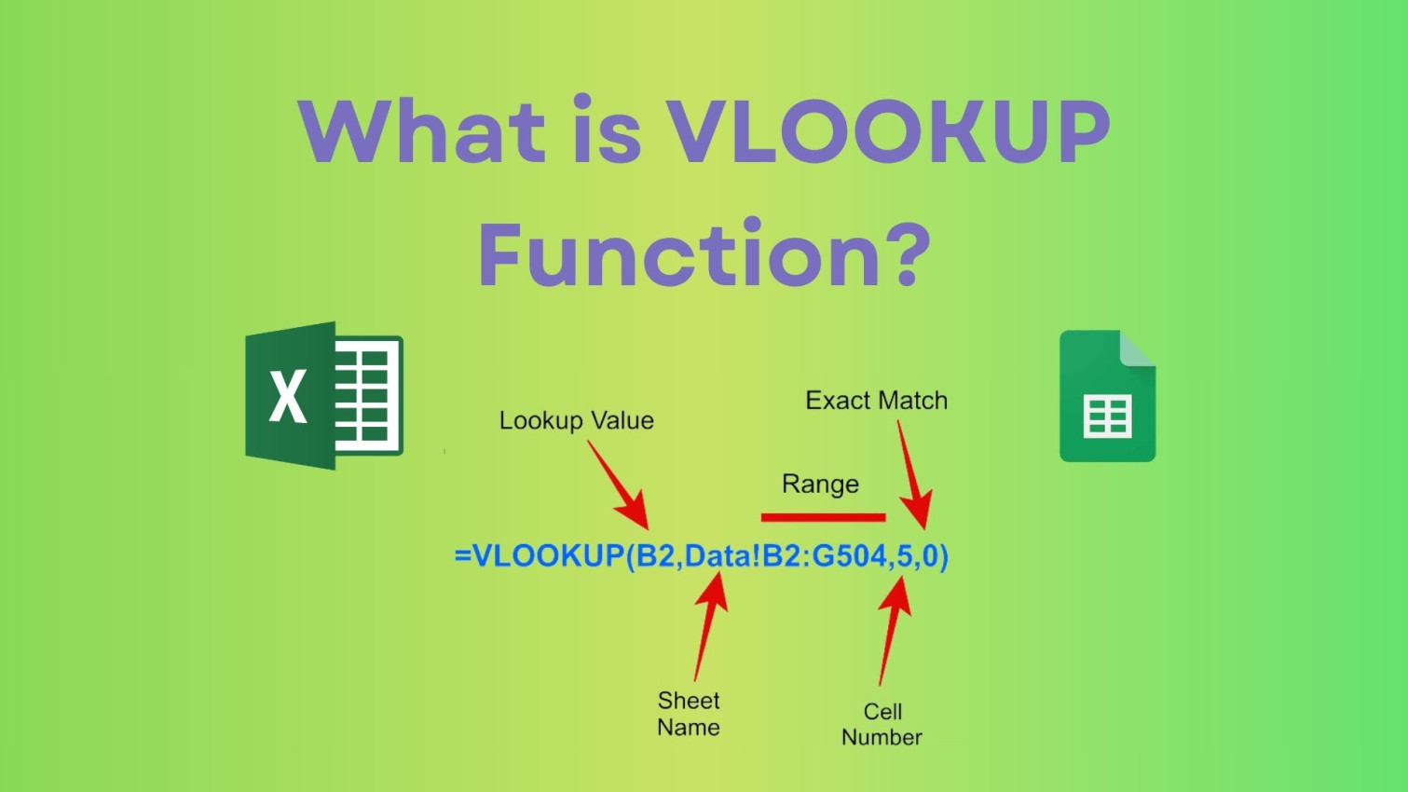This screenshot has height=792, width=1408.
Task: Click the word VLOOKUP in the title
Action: point(889,131)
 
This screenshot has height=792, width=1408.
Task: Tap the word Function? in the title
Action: point(704,254)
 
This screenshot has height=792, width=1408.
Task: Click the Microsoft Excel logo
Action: point(323,396)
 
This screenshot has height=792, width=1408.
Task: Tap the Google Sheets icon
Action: point(1107,396)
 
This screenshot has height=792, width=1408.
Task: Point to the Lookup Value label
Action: point(576,421)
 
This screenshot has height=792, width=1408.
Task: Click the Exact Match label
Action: point(876,401)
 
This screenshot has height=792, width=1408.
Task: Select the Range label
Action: point(820,485)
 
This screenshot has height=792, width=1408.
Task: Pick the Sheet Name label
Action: point(689,714)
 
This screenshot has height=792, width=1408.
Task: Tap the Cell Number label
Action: point(882,724)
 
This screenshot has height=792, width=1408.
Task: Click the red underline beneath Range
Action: point(823,517)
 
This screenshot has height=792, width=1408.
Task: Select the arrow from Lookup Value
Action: point(617,485)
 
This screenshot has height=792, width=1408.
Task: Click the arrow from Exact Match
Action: point(912,475)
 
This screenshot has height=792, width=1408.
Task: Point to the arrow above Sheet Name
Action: point(710,624)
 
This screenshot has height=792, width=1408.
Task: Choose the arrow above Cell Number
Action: point(894,629)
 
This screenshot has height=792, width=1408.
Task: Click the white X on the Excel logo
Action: point(288,396)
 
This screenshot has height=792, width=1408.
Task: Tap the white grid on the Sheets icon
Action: point(1107,416)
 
